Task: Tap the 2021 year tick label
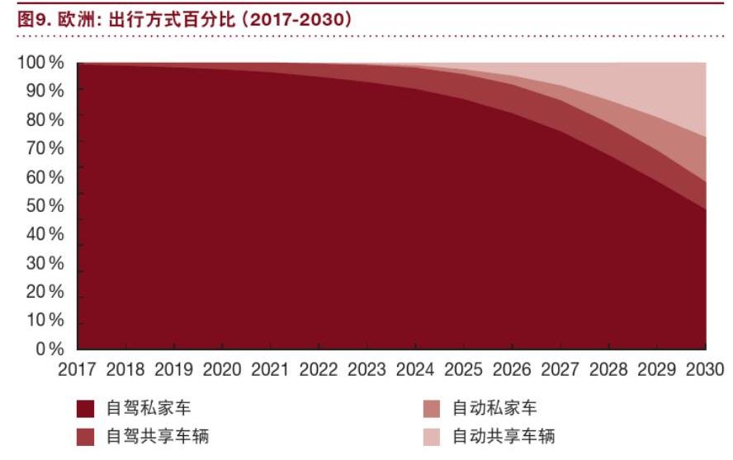(270, 368)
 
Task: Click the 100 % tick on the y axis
(40, 63)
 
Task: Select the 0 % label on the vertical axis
(49, 349)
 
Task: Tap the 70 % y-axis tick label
(44, 148)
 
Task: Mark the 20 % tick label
(44, 292)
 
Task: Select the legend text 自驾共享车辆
(158, 435)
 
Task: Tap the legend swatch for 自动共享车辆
(431, 435)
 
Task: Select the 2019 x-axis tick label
(173, 368)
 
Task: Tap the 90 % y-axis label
(44, 91)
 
